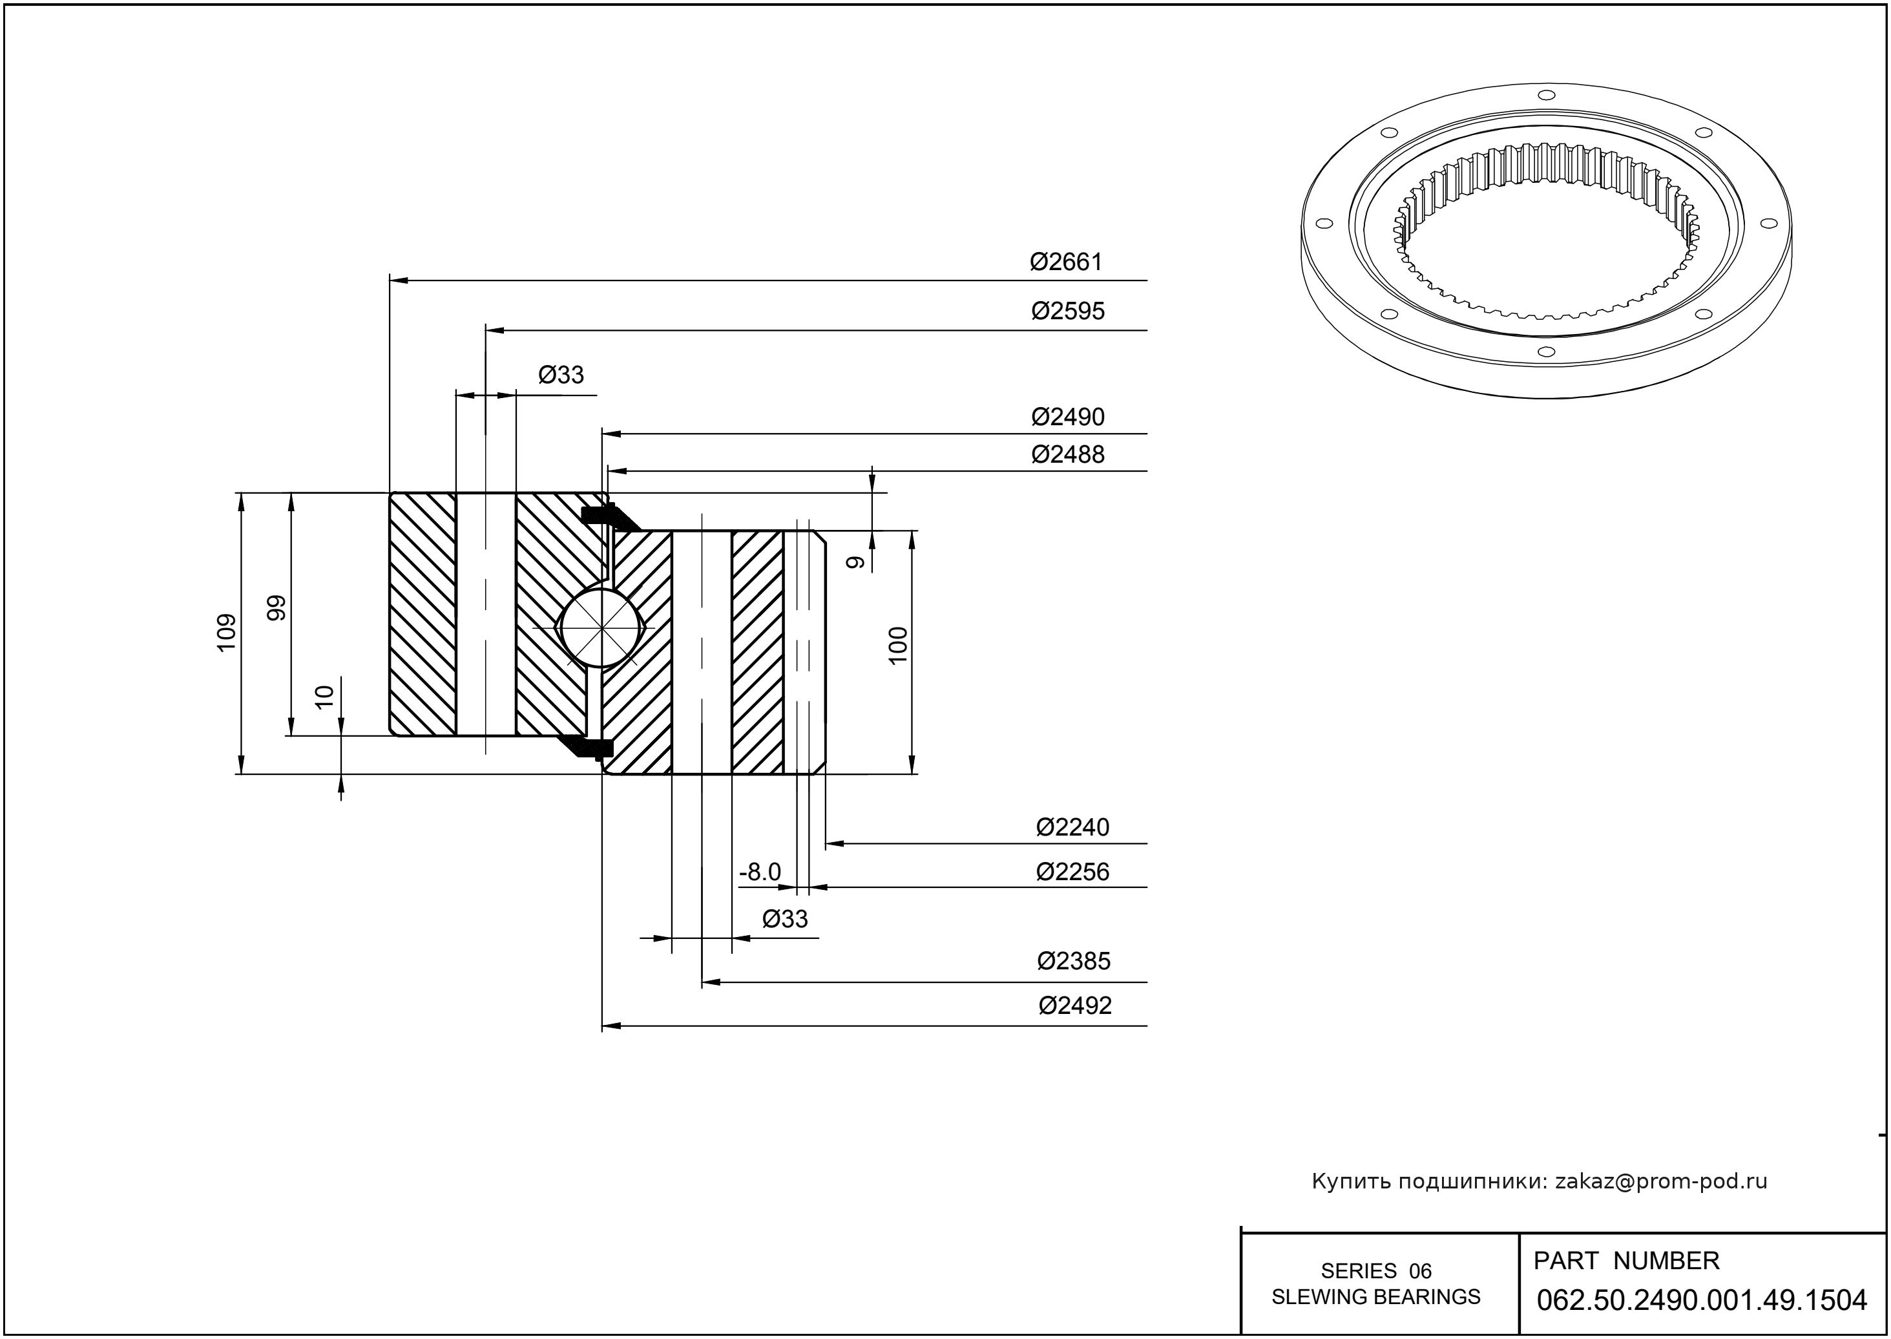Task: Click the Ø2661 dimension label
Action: tap(1065, 262)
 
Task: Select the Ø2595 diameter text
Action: tap(1067, 311)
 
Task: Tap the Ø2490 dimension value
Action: tap(1067, 417)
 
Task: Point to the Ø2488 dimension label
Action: tap(1067, 454)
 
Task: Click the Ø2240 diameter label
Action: tap(1072, 827)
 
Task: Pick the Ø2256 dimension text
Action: tap(1072, 872)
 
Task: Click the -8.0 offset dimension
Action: tap(759, 872)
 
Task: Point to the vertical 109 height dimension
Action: tap(227, 633)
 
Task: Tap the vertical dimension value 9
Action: tap(857, 562)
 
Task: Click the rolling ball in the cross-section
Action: tap(601, 628)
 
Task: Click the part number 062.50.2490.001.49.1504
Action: tap(1702, 1300)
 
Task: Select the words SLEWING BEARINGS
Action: tap(1376, 1297)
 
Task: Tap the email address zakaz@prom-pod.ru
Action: tap(1660, 1181)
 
